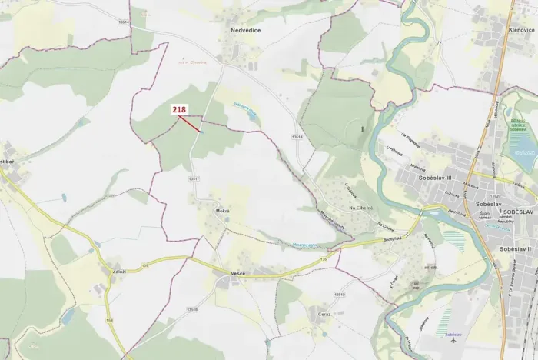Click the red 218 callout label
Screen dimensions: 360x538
click(x=179, y=111)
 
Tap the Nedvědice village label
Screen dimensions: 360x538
click(x=246, y=31)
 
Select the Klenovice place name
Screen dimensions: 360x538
click(x=521, y=29)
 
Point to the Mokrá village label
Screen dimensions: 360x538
click(x=223, y=210)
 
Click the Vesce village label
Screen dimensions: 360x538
click(x=237, y=274)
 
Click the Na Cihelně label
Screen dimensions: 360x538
click(x=360, y=208)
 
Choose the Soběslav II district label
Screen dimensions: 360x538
click(x=516, y=249)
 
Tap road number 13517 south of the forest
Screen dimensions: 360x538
click(x=194, y=178)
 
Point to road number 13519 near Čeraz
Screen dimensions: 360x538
click(x=340, y=293)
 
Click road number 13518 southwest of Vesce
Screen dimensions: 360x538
click(x=192, y=309)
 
